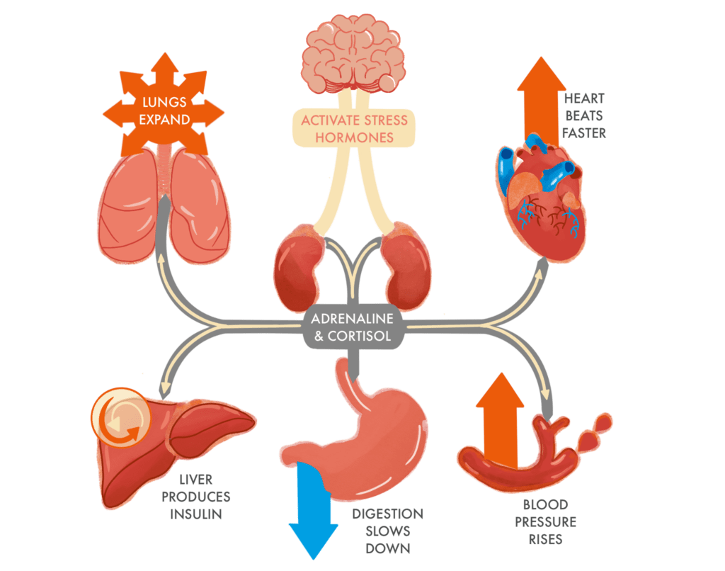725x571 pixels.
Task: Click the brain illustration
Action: pyautogui.click(x=354, y=53)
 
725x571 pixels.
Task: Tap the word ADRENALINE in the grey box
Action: pyautogui.click(x=353, y=318)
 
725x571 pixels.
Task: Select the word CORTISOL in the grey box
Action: pyautogui.click(x=359, y=336)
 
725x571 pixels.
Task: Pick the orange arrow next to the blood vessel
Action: pyautogui.click(x=500, y=419)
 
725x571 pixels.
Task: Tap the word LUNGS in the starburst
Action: pyautogui.click(x=164, y=102)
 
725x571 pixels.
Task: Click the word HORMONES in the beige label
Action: pyautogui.click(x=355, y=137)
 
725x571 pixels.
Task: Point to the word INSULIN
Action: pyautogui.click(x=196, y=514)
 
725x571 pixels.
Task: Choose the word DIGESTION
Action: pyautogui.click(x=387, y=514)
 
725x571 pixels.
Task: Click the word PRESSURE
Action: pyautogui.click(x=546, y=522)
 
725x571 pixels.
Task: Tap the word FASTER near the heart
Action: pyautogui.click(x=584, y=133)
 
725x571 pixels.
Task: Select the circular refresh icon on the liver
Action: pyautogui.click(x=121, y=417)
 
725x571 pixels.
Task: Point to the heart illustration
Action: pyautogui.click(x=541, y=199)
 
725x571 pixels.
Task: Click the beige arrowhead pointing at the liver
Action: pyautogui.click(x=164, y=388)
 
